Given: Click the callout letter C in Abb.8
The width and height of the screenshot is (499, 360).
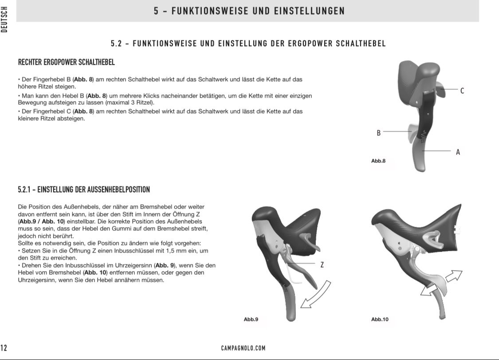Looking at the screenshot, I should coord(462,91).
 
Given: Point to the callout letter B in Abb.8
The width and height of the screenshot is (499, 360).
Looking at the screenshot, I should coord(378,133).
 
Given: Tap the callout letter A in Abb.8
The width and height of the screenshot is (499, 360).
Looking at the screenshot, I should coord(458,152).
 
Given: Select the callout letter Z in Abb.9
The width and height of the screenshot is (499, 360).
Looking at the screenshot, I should coord(322,265).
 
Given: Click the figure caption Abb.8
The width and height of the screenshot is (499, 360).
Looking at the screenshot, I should coord(378,161).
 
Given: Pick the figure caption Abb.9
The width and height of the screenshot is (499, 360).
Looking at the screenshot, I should coord(251,319).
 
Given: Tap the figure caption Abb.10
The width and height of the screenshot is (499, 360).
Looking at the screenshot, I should coord(380,319).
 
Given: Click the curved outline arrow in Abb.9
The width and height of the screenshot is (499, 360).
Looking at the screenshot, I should coord(316,295).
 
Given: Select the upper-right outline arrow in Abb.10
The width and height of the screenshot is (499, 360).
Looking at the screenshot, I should coord(453,277).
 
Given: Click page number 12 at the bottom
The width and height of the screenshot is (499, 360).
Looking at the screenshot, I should coord(4,348).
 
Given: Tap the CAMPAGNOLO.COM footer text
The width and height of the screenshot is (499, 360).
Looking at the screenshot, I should coord(243,348).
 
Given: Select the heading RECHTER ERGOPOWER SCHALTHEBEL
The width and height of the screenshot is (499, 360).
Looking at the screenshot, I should coord(66,62).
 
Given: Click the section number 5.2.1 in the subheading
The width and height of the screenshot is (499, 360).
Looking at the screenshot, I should coord(26,190).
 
